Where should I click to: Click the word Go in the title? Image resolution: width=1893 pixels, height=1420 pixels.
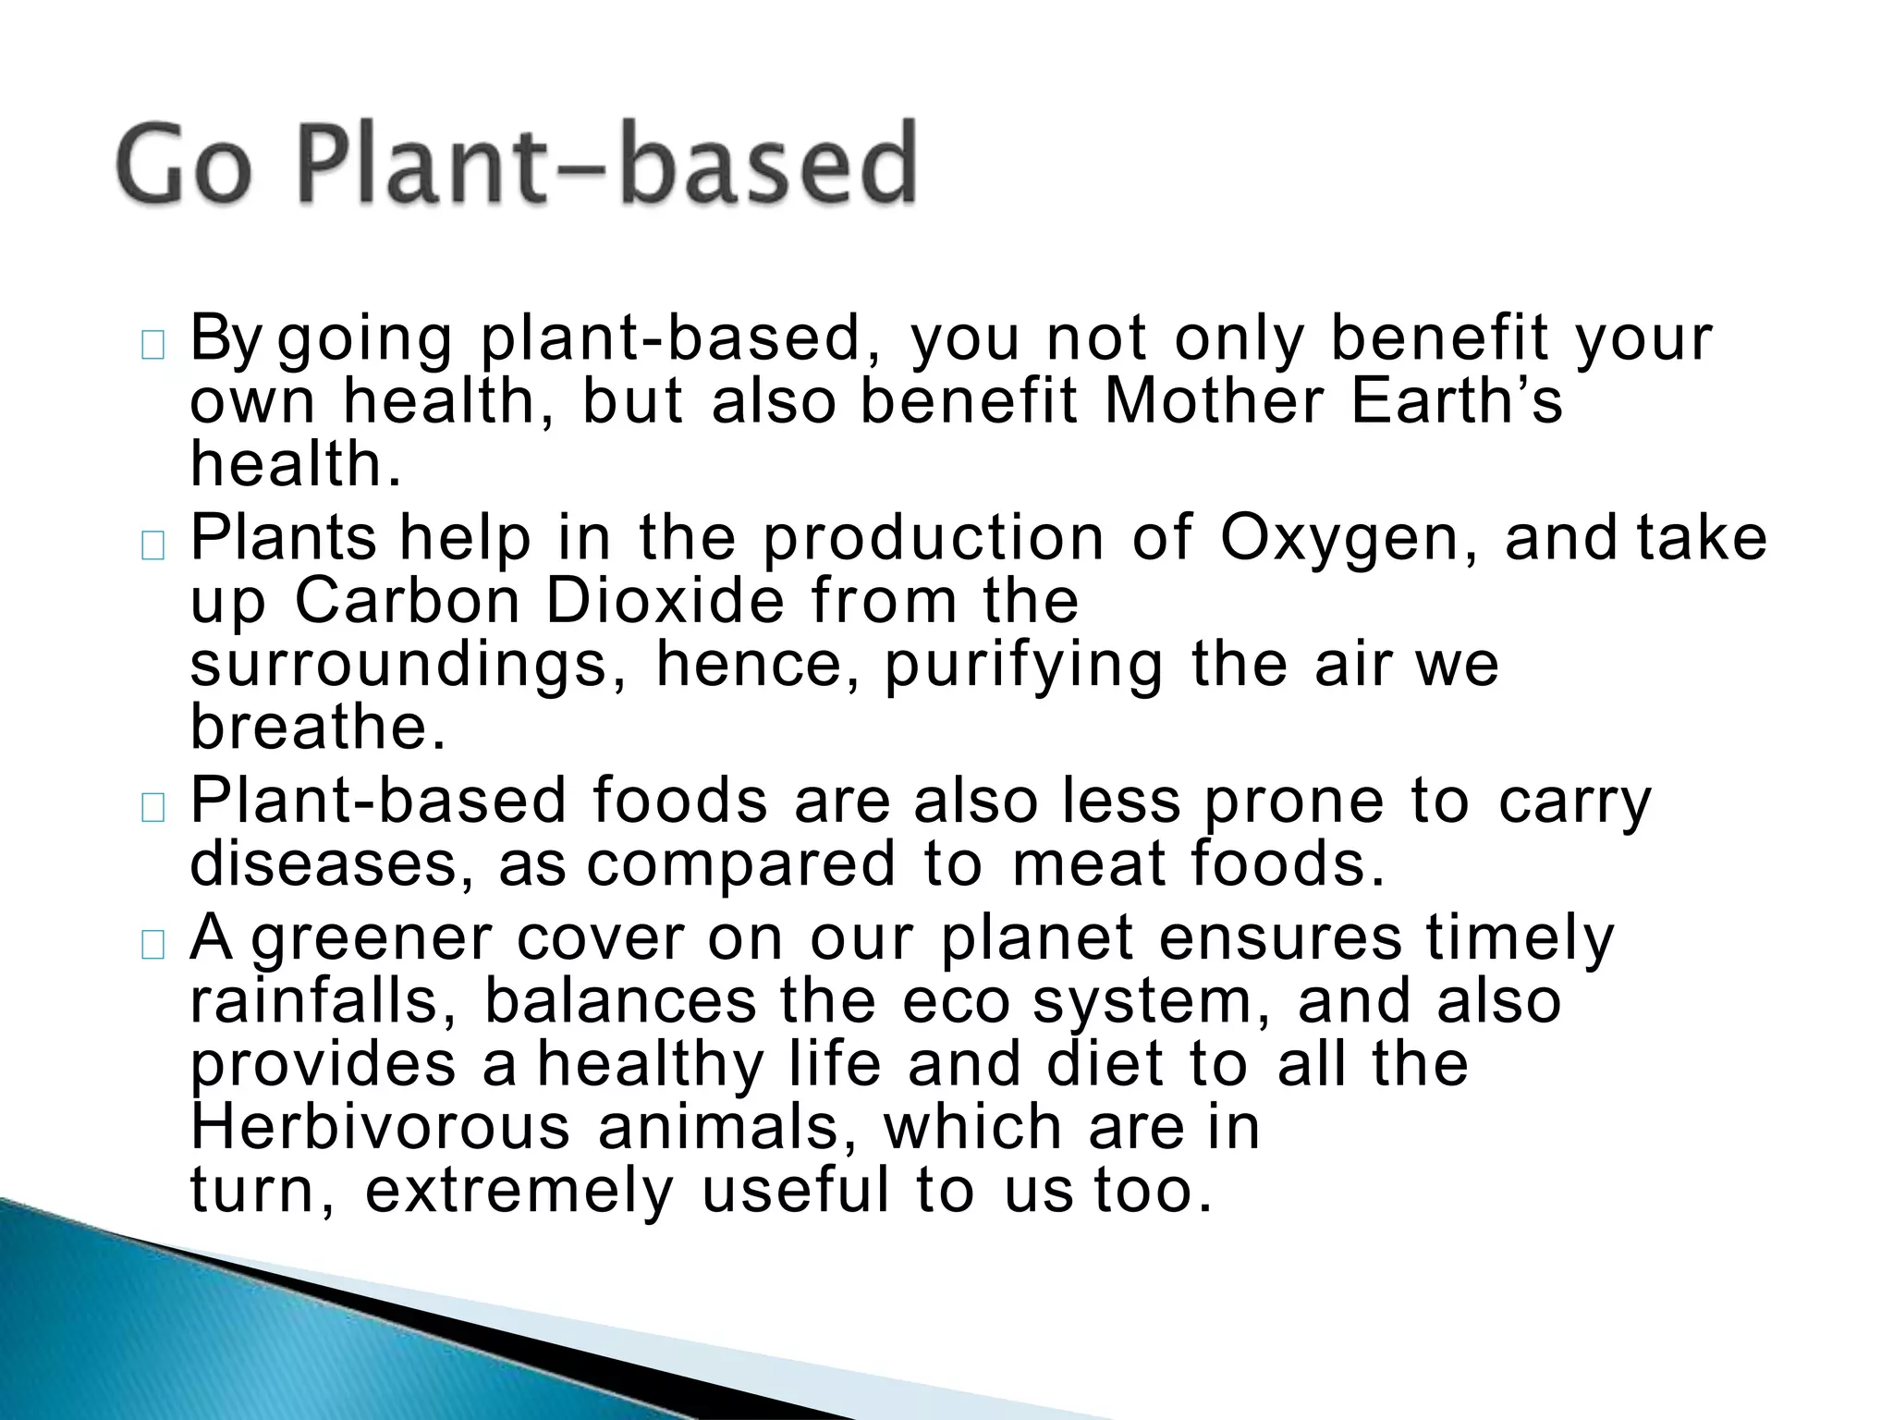(185, 165)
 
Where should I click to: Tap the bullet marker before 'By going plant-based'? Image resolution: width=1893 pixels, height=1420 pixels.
(153, 346)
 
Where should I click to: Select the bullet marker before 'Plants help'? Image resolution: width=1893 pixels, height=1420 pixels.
(153, 545)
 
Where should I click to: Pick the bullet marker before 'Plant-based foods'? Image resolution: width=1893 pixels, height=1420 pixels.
(153, 808)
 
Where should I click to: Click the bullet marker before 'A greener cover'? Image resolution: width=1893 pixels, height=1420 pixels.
(153, 945)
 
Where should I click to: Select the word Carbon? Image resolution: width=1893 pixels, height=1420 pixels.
(408, 602)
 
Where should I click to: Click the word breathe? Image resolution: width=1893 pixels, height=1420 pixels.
(318, 728)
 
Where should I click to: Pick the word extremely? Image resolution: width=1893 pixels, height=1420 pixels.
(519, 1192)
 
